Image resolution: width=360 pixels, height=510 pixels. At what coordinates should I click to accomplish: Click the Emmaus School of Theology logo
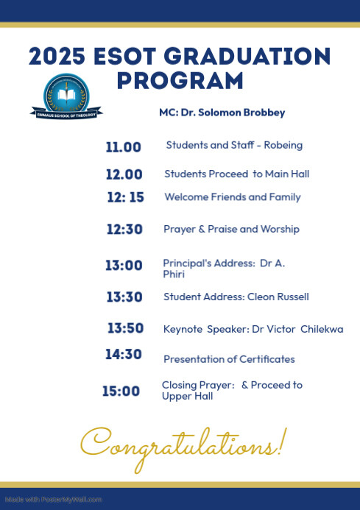point(66,96)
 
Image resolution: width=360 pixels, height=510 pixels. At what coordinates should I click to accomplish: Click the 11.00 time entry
point(123,147)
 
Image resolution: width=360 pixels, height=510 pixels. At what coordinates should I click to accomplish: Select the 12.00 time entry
point(123,174)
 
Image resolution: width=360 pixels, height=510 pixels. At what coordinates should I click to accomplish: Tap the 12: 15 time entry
point(125,197)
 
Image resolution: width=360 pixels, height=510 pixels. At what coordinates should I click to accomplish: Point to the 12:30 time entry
point(124,230)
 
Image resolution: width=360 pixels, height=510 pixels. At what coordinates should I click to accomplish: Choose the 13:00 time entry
point(124,266)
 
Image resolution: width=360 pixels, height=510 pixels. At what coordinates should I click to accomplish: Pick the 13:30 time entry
point(124,297)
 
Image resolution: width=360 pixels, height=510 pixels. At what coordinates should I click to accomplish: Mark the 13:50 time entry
point(125,328)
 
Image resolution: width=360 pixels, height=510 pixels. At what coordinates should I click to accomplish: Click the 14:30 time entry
point(123,354)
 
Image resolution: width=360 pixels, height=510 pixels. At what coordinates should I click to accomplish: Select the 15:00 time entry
point(121,392)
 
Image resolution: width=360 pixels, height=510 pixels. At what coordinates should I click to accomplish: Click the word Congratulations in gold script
point(181,445)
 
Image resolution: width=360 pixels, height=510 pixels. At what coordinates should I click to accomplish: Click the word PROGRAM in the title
point(180,79)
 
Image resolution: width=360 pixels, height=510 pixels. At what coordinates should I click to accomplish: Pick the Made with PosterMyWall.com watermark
point(52,499)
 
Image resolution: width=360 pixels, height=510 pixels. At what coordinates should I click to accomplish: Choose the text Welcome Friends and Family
point(232,197)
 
